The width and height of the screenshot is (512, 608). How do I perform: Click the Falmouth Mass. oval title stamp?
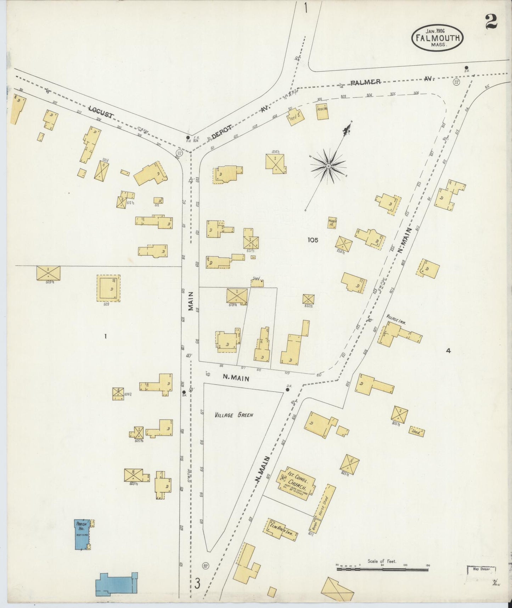438,38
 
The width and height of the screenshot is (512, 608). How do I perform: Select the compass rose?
328,166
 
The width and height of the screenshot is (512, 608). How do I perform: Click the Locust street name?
101,111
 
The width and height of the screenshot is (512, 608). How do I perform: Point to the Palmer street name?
366,82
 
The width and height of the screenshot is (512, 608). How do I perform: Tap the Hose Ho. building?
322,111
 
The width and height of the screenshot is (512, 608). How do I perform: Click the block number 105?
313,240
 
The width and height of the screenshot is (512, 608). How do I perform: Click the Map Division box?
480,569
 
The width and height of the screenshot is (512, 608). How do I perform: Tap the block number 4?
448,351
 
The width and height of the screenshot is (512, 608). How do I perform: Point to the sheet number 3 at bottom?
197,583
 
